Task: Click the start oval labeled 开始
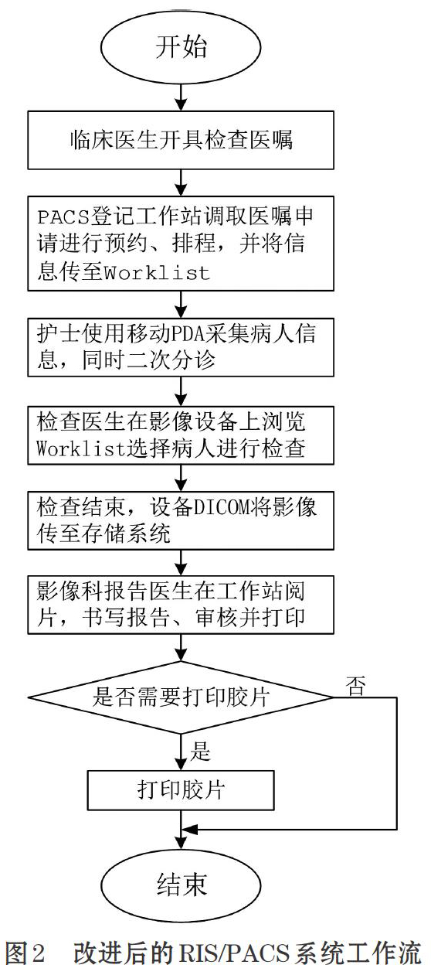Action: pos(181,46)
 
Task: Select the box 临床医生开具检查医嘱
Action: pos(181,140)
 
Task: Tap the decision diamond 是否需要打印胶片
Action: pos(181,697)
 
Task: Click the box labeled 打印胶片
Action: pos(181,790)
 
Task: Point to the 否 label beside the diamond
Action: pos(355,686)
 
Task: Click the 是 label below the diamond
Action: pos(200,751)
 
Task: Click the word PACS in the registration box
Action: pos(63,216)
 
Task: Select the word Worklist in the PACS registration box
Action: pos(158,273)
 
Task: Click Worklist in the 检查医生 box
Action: pos(81,448)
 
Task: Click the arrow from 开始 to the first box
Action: pos(181,96)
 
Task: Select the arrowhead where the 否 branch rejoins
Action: pos(192,828)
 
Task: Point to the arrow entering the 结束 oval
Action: pos(181,829)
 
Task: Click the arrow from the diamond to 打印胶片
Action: pos(181,752)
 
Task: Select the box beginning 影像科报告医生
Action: pos(181,605)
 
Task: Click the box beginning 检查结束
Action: pos(181,520)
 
